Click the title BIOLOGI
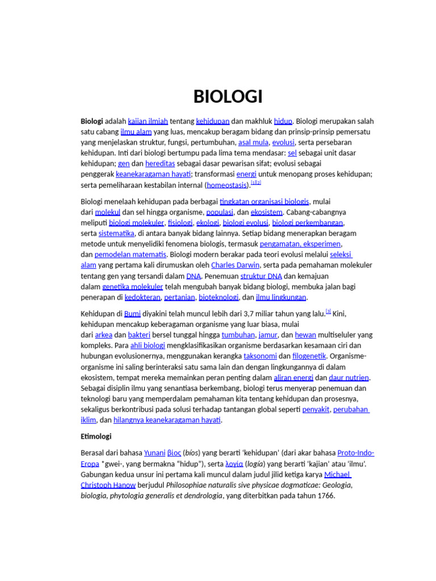click(228, 97)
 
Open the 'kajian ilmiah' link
click(148, 121)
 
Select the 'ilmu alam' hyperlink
click(136, 132)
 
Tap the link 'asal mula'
click(253, 142)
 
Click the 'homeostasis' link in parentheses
click(227, 185)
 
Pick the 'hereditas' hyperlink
click(160, 164)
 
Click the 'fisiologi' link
click(180, 222)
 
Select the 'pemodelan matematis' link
click(130, 254)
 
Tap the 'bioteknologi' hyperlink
click(218, 297)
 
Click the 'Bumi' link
click(132, 313)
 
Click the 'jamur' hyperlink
click(268, 335)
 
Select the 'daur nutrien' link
click(349, 377)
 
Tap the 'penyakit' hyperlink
click(316, 409)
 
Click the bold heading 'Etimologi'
click(96, 436)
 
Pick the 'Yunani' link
click(154, 453)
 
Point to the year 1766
click(325, 495)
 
